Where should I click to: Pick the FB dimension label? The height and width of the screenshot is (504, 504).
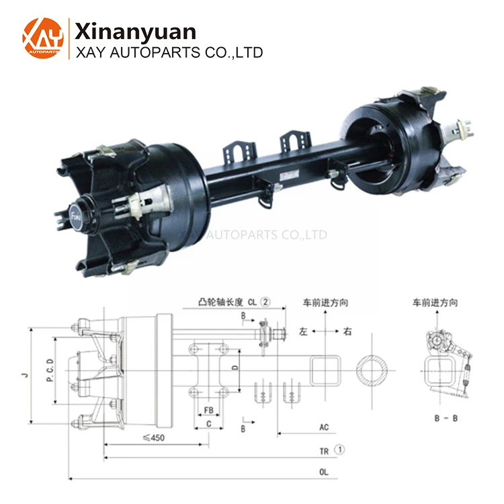pyautogui.click(x=209, y=409)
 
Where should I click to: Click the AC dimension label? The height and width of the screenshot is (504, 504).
pyautogui.click(x=324, y=427)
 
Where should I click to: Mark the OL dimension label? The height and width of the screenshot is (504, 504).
pyautogui.click(x=324, y=472)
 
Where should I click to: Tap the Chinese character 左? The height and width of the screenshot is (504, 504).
pyautogui.click(x=303, y=331)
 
